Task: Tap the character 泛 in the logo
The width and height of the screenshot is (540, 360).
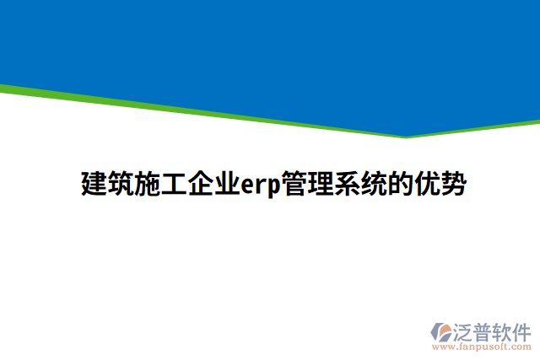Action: coord(464,330)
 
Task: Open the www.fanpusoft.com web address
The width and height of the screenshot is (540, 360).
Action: coord(482,347)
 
